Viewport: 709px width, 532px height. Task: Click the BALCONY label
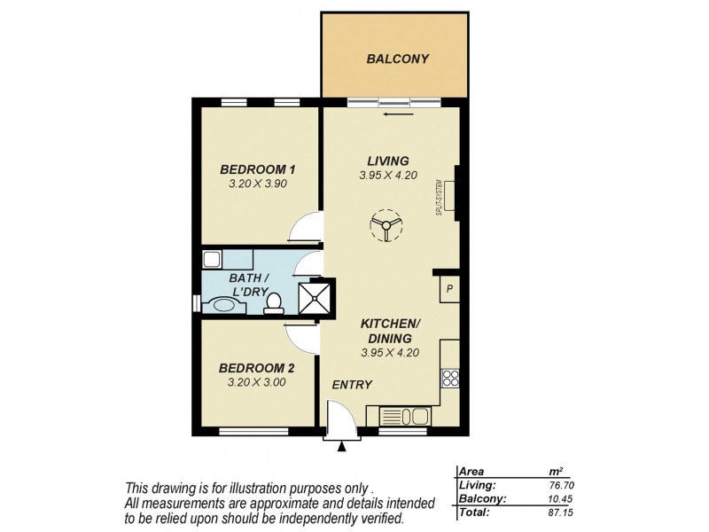click(x=397, y=59)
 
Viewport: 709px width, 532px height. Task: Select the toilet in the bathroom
click(x=275, y=302)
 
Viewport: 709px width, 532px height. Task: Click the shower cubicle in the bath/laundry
click(x=317, y=298)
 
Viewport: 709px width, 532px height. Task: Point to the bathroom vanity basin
click(x=222, y=305)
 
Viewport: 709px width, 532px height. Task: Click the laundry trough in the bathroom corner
click(x=212, y=260)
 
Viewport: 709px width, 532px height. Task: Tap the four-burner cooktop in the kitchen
click(x=450, y=379)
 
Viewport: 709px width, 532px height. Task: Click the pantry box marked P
click(x=449, y=288)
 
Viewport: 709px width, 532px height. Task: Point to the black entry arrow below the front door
click(x=341, y=447)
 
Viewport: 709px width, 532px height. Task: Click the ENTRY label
click(x=352, y=385)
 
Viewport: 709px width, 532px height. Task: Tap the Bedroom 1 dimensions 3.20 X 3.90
click(x=257, y=184)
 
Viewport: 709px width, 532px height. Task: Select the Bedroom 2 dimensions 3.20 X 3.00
click(x=257, y=382)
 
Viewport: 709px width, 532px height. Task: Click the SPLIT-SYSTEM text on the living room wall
click(x=439, y=199)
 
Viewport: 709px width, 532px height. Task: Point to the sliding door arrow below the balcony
click(x=399, y=113)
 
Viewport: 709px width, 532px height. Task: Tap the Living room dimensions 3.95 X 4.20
click(x=388, y=176)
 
